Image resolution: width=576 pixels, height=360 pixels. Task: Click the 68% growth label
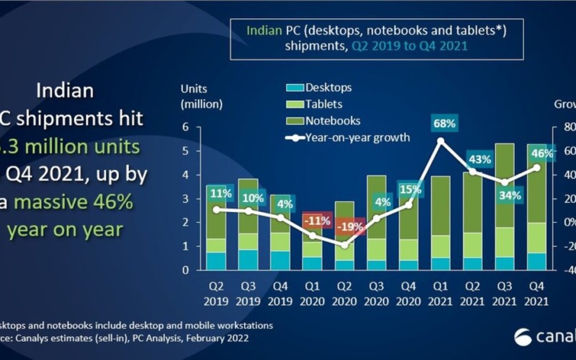[444, 124]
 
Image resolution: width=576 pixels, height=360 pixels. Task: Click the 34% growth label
[510, 195]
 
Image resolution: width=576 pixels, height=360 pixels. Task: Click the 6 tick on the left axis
[185, 127]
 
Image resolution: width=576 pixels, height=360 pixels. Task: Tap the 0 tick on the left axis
[185, 270]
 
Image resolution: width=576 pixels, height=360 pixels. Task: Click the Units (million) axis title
[202, 96]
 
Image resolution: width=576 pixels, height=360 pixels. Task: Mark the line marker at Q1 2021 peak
[441, 141]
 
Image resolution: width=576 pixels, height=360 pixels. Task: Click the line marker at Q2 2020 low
[345, 245]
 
